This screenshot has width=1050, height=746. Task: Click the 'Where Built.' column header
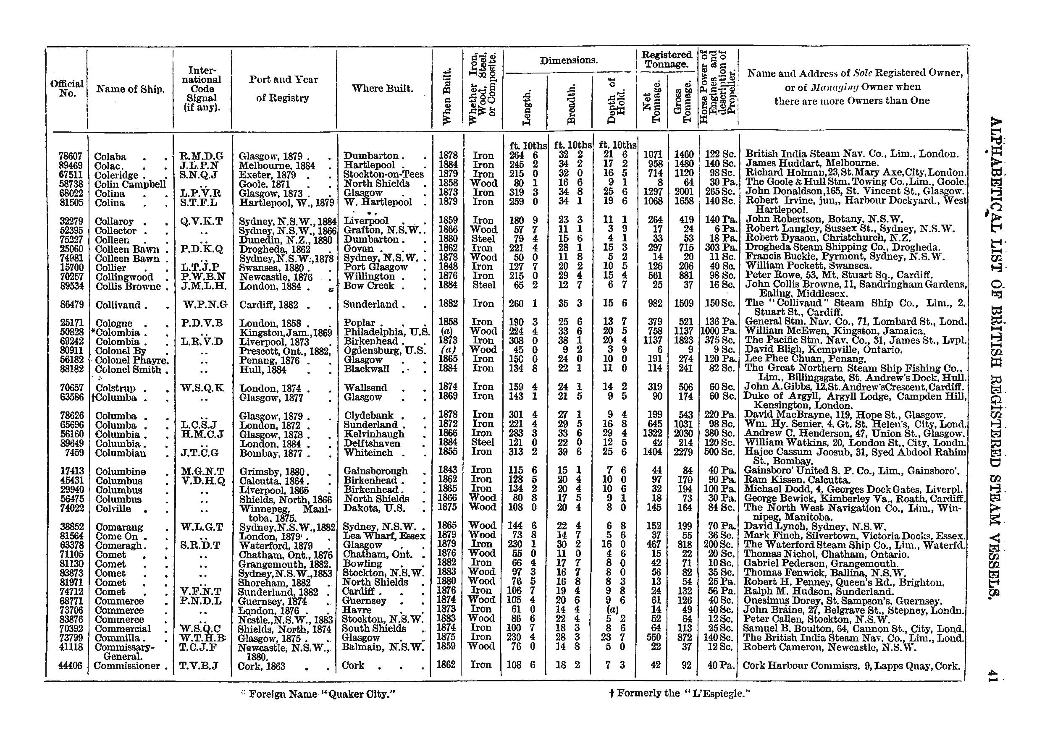coord(382,88)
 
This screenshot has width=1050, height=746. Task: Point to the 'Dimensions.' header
coord(568,60)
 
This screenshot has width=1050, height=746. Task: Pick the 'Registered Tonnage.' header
coord(667,60)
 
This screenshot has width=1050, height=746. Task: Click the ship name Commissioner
coord(127,666)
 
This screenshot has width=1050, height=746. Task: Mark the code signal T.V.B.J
coord(201,666)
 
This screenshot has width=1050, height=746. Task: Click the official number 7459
coord(72,453)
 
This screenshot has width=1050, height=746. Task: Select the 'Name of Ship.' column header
coord(130,89)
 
